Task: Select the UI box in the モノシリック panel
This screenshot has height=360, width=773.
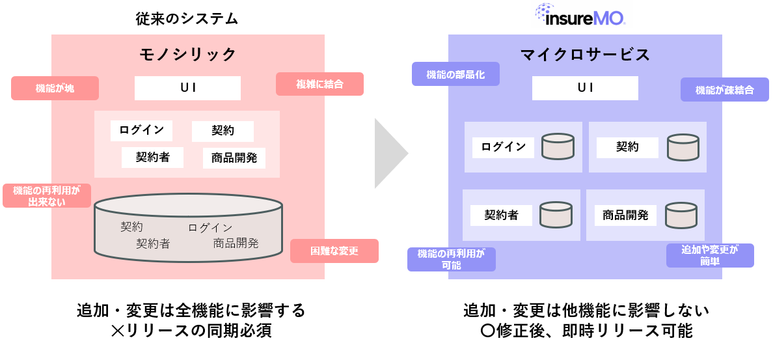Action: (x=187, y=88)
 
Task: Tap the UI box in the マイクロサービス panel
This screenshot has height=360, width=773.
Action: (x=585, y=88)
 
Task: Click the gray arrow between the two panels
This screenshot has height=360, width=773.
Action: (x=390, y=154)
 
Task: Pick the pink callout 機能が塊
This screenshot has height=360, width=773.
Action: (x=55, y=88)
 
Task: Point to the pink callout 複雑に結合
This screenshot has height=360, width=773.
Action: (x=319, y=83)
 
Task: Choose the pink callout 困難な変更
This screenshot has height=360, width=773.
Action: (x=334, y=251)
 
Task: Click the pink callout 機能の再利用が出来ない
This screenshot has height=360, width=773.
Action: (x=47, y=195)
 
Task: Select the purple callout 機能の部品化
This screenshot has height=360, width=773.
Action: (x=456, y=74)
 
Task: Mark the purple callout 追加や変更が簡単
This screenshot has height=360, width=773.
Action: (x=710, y=255)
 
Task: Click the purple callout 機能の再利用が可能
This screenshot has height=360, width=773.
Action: (x=451, y=259)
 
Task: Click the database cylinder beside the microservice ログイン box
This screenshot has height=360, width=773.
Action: (x=558, y=146)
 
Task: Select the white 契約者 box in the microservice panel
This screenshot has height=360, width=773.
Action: (x=501, y=215)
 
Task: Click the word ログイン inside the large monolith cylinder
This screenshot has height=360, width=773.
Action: (x=210, y=228)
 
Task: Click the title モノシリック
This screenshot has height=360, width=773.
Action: (x=187, y=54)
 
